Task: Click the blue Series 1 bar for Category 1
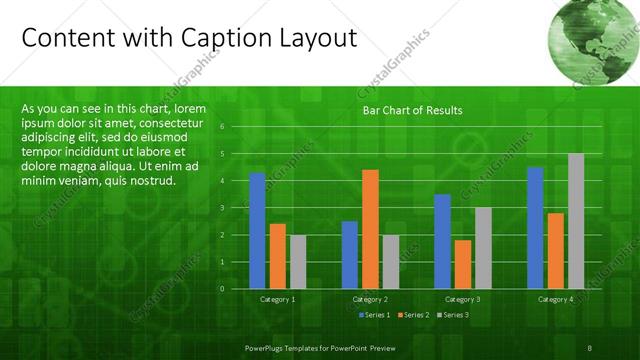pos(257,230)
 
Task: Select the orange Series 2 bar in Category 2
pos(370,228)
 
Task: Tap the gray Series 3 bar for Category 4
pos(575,220)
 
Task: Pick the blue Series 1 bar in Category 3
pos(442,241)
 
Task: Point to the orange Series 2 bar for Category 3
pos(462,264)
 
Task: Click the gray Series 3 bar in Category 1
pos(298,261)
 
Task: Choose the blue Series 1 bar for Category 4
pos(535,227)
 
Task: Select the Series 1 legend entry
pos(373,315)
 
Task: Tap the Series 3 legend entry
pos(451,315)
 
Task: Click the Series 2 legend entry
pos(412,315)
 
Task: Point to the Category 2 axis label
pos(370,299)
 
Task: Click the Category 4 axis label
pos(555,299)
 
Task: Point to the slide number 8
pos(591,346)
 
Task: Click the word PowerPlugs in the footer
pos(268,346)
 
